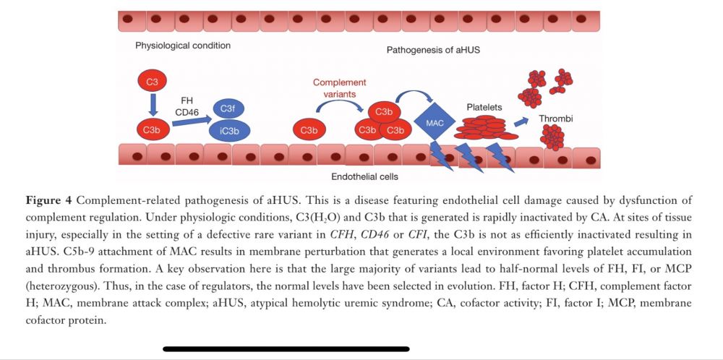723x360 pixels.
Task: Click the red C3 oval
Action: tap(152, 82)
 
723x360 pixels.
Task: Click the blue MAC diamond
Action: tap(435, 123)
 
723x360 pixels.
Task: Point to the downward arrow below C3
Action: tap(152, 105)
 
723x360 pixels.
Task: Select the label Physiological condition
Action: tap(182, 46)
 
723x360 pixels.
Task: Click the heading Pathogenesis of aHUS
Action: tap(433, 51)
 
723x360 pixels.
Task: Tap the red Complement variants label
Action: tap(340, 88)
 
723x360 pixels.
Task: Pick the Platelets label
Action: tap(484, 107)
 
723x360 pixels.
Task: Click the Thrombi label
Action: tap(556, 118)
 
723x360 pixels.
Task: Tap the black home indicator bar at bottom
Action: tap(286, 348)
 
